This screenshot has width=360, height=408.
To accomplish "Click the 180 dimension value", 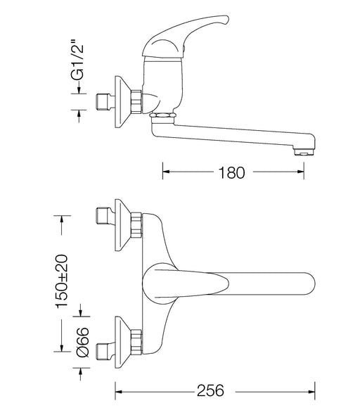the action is coord(231,172).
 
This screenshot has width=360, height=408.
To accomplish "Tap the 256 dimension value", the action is coord(210,390).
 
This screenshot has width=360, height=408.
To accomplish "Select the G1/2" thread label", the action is coord(77,59).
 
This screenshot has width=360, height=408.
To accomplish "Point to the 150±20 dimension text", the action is coord(62,281).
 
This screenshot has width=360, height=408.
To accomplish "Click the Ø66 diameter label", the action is coord(83,342).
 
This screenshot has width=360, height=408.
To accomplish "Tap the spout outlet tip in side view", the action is coord(304,152).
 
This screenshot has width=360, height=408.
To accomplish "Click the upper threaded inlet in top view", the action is coord(105,216).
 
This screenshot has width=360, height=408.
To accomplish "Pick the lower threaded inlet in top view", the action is coord(105,351).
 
